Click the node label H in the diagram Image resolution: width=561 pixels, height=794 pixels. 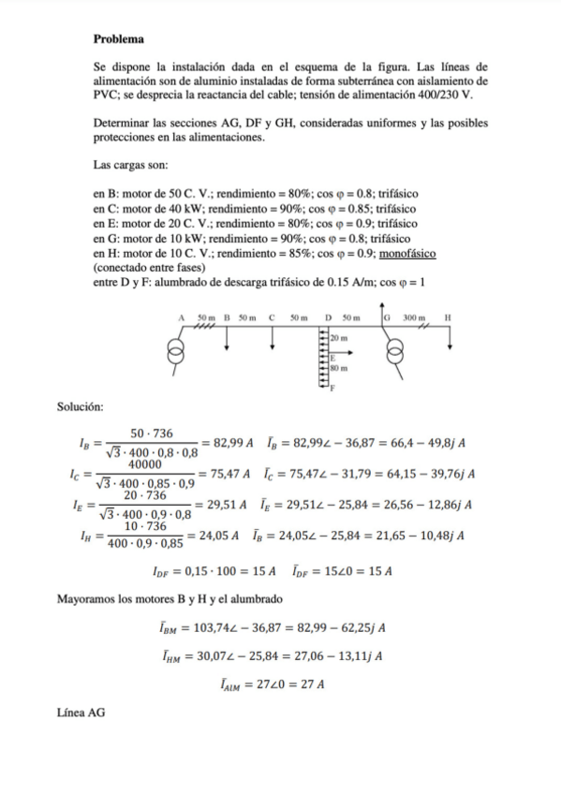[447, 318]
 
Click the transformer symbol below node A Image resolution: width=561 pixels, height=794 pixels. [173, 355]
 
